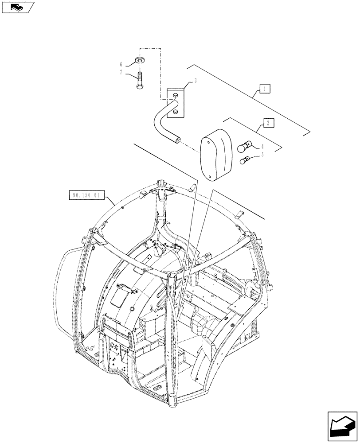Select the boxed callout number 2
click(267, 123)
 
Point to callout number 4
click(262, 146)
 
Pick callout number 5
click(262, 155)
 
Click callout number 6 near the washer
click(127, 64)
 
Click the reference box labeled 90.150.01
click(83, 195)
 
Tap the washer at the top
click(141, 60)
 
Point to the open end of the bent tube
click(178, 140)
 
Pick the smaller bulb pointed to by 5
click(244, 160)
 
